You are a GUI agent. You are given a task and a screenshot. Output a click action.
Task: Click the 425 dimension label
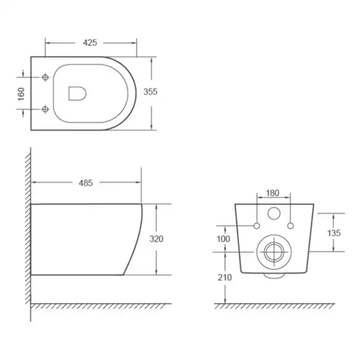point(90,43)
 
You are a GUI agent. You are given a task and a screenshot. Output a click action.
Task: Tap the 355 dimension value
point(151,92)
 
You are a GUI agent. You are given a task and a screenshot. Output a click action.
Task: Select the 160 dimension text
point(21,94)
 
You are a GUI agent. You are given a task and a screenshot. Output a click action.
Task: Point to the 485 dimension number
point(86,183)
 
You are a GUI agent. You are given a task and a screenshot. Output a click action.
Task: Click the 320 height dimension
point(157,239)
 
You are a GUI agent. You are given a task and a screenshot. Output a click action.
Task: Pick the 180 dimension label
point(272,193)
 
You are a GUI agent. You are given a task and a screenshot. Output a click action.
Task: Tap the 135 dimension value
point(334,233)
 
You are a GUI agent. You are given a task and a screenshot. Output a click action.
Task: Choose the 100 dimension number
point(223,239)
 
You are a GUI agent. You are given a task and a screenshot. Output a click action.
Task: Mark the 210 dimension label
point(225,278)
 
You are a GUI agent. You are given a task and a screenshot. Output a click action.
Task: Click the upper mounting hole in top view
point(45,77)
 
